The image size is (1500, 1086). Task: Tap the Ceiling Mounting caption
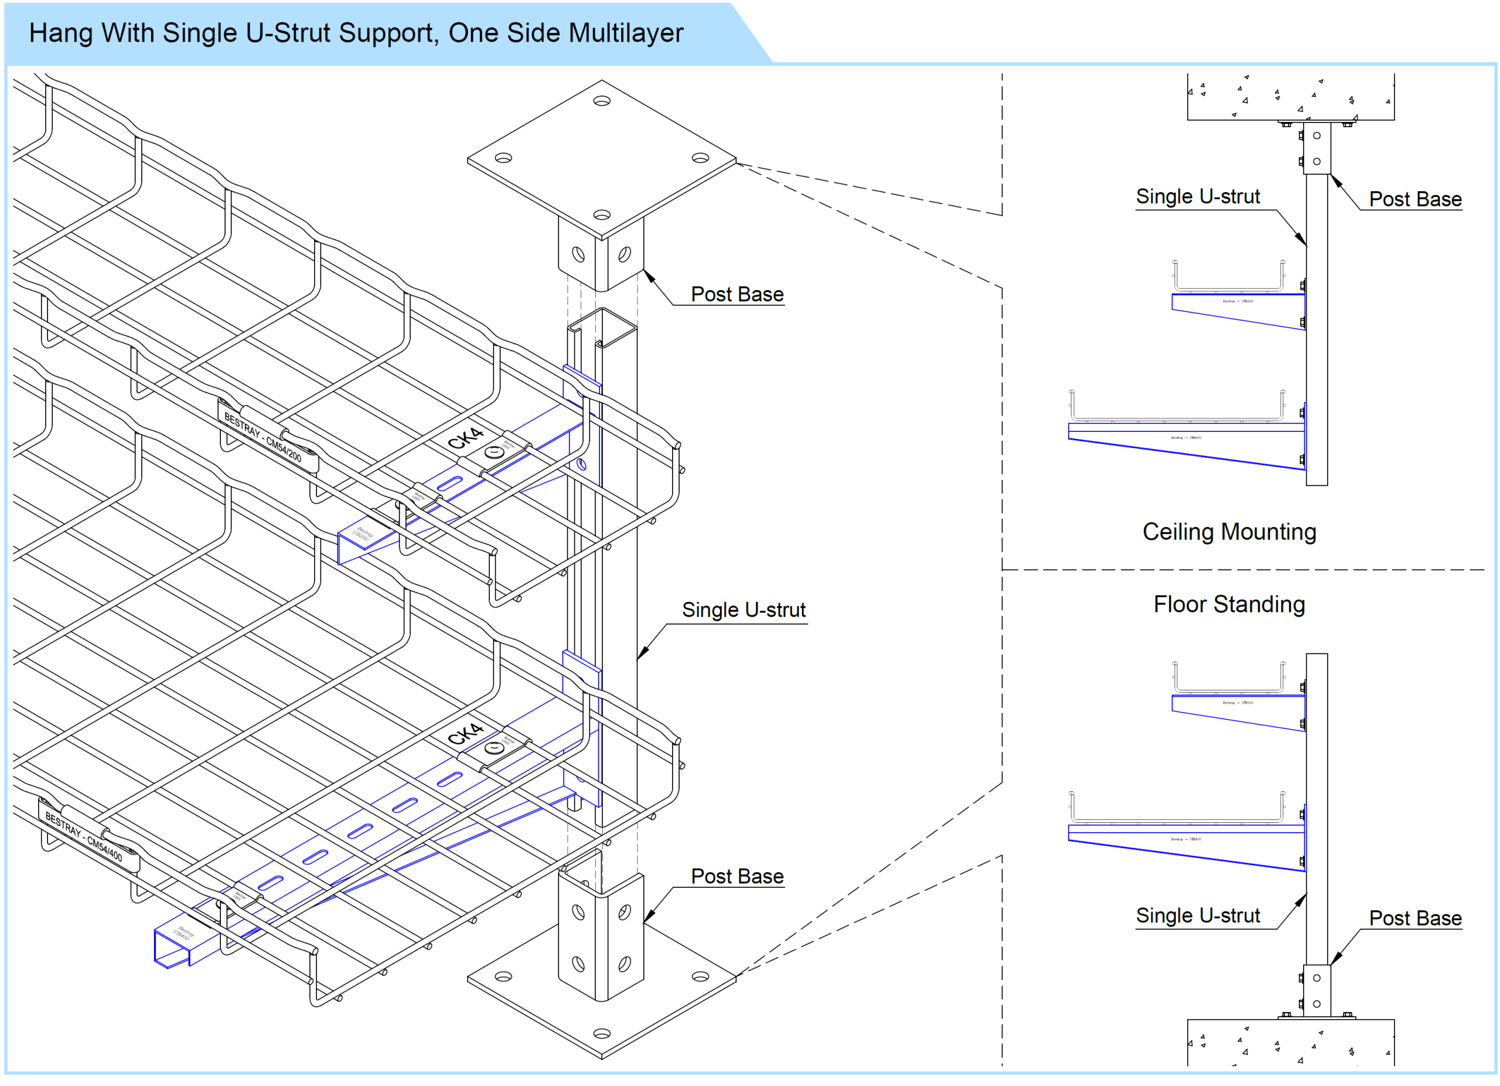1229,532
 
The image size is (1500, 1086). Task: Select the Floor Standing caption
1229,604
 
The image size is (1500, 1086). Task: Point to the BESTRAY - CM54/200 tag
262,437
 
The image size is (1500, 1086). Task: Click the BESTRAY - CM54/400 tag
84,837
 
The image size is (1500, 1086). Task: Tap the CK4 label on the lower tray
466,734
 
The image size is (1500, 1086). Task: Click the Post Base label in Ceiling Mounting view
1414,199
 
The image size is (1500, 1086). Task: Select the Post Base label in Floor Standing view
1414,918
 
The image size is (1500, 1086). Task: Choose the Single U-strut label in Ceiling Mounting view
1198,196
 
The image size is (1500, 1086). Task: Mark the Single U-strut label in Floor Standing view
1198,915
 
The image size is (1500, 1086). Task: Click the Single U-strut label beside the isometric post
744,610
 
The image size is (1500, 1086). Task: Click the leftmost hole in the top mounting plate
503,158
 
